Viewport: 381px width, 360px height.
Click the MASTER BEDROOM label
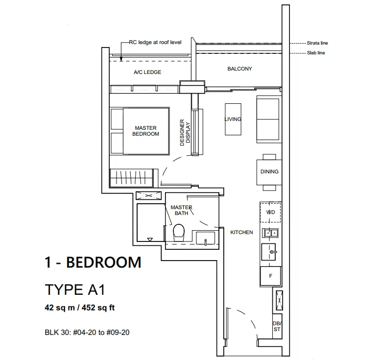tap(145, 131)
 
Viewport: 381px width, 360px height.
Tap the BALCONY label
tap(239, 69)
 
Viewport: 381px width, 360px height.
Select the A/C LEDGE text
tap(147, 72)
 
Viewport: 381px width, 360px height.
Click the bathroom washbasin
tap(205, 238)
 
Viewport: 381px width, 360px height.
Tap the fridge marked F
tap(270, 276)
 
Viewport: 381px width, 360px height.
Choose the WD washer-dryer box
tap(270, 212)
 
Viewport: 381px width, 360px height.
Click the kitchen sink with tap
tap(269, 252)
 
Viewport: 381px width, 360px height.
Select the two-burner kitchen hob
tap(270, 233)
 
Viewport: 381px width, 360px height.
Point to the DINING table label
tap(269, 171)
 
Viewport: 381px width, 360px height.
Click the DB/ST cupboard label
tap(277, 326)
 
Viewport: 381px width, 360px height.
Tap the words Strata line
tap(317, 43)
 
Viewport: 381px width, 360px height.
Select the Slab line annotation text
tap(316, 53)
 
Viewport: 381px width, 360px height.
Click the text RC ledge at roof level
tap(155, 42)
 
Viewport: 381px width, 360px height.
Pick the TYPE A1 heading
tap(75, 289)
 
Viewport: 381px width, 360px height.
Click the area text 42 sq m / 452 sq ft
tap(80, 308)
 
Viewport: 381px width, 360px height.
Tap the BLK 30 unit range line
tap(87, 332)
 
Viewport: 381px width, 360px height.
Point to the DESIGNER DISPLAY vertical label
tap(185, 132)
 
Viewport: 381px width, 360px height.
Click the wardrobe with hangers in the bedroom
tap(131, 178)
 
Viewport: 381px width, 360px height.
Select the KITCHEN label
tap(241, 232)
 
